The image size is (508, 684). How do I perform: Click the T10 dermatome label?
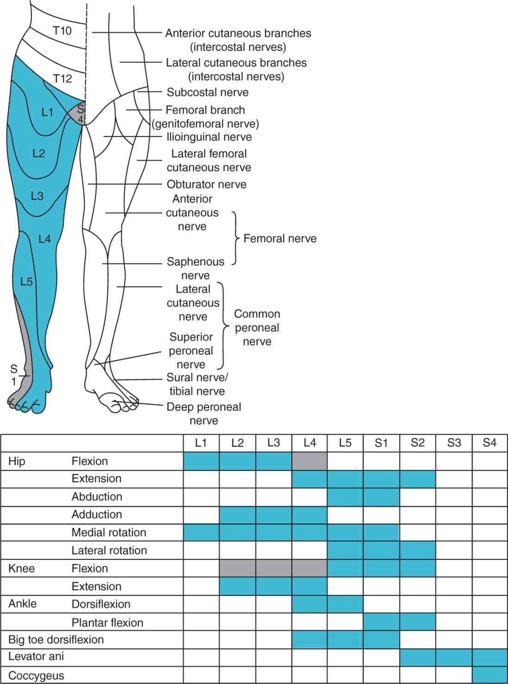tap(62, 31)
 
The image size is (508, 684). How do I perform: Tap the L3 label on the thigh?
tap(37, 196)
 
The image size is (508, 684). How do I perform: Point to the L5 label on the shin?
tap(26, 281)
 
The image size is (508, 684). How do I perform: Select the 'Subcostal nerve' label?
tap(208, 92)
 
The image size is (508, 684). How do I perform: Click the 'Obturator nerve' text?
tap(206, 184)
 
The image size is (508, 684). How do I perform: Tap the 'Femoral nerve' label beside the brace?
tap(280, 238)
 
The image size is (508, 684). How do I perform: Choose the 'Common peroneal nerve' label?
tap(257, 327)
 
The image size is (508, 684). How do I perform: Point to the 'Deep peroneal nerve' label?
tap(204, 414)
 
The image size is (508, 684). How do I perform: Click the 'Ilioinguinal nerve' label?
tap(209, 137)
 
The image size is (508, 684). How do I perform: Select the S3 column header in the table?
tap(454, 443)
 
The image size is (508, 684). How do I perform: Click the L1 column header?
tap(201, 443)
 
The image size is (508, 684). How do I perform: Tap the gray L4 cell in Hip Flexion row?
tap(310, 461)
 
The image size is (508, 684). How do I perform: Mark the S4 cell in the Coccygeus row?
tap(489, 675)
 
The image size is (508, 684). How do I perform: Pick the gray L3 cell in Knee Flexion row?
tap(273, 568)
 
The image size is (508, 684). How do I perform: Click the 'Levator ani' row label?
tap(36, 657)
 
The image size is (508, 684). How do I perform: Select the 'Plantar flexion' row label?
tap(107, 622)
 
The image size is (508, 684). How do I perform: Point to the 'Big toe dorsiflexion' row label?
tap(56, 640)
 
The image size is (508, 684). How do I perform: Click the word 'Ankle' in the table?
tap(23, 604)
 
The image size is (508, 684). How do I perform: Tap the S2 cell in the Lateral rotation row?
tap(417, 550)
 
